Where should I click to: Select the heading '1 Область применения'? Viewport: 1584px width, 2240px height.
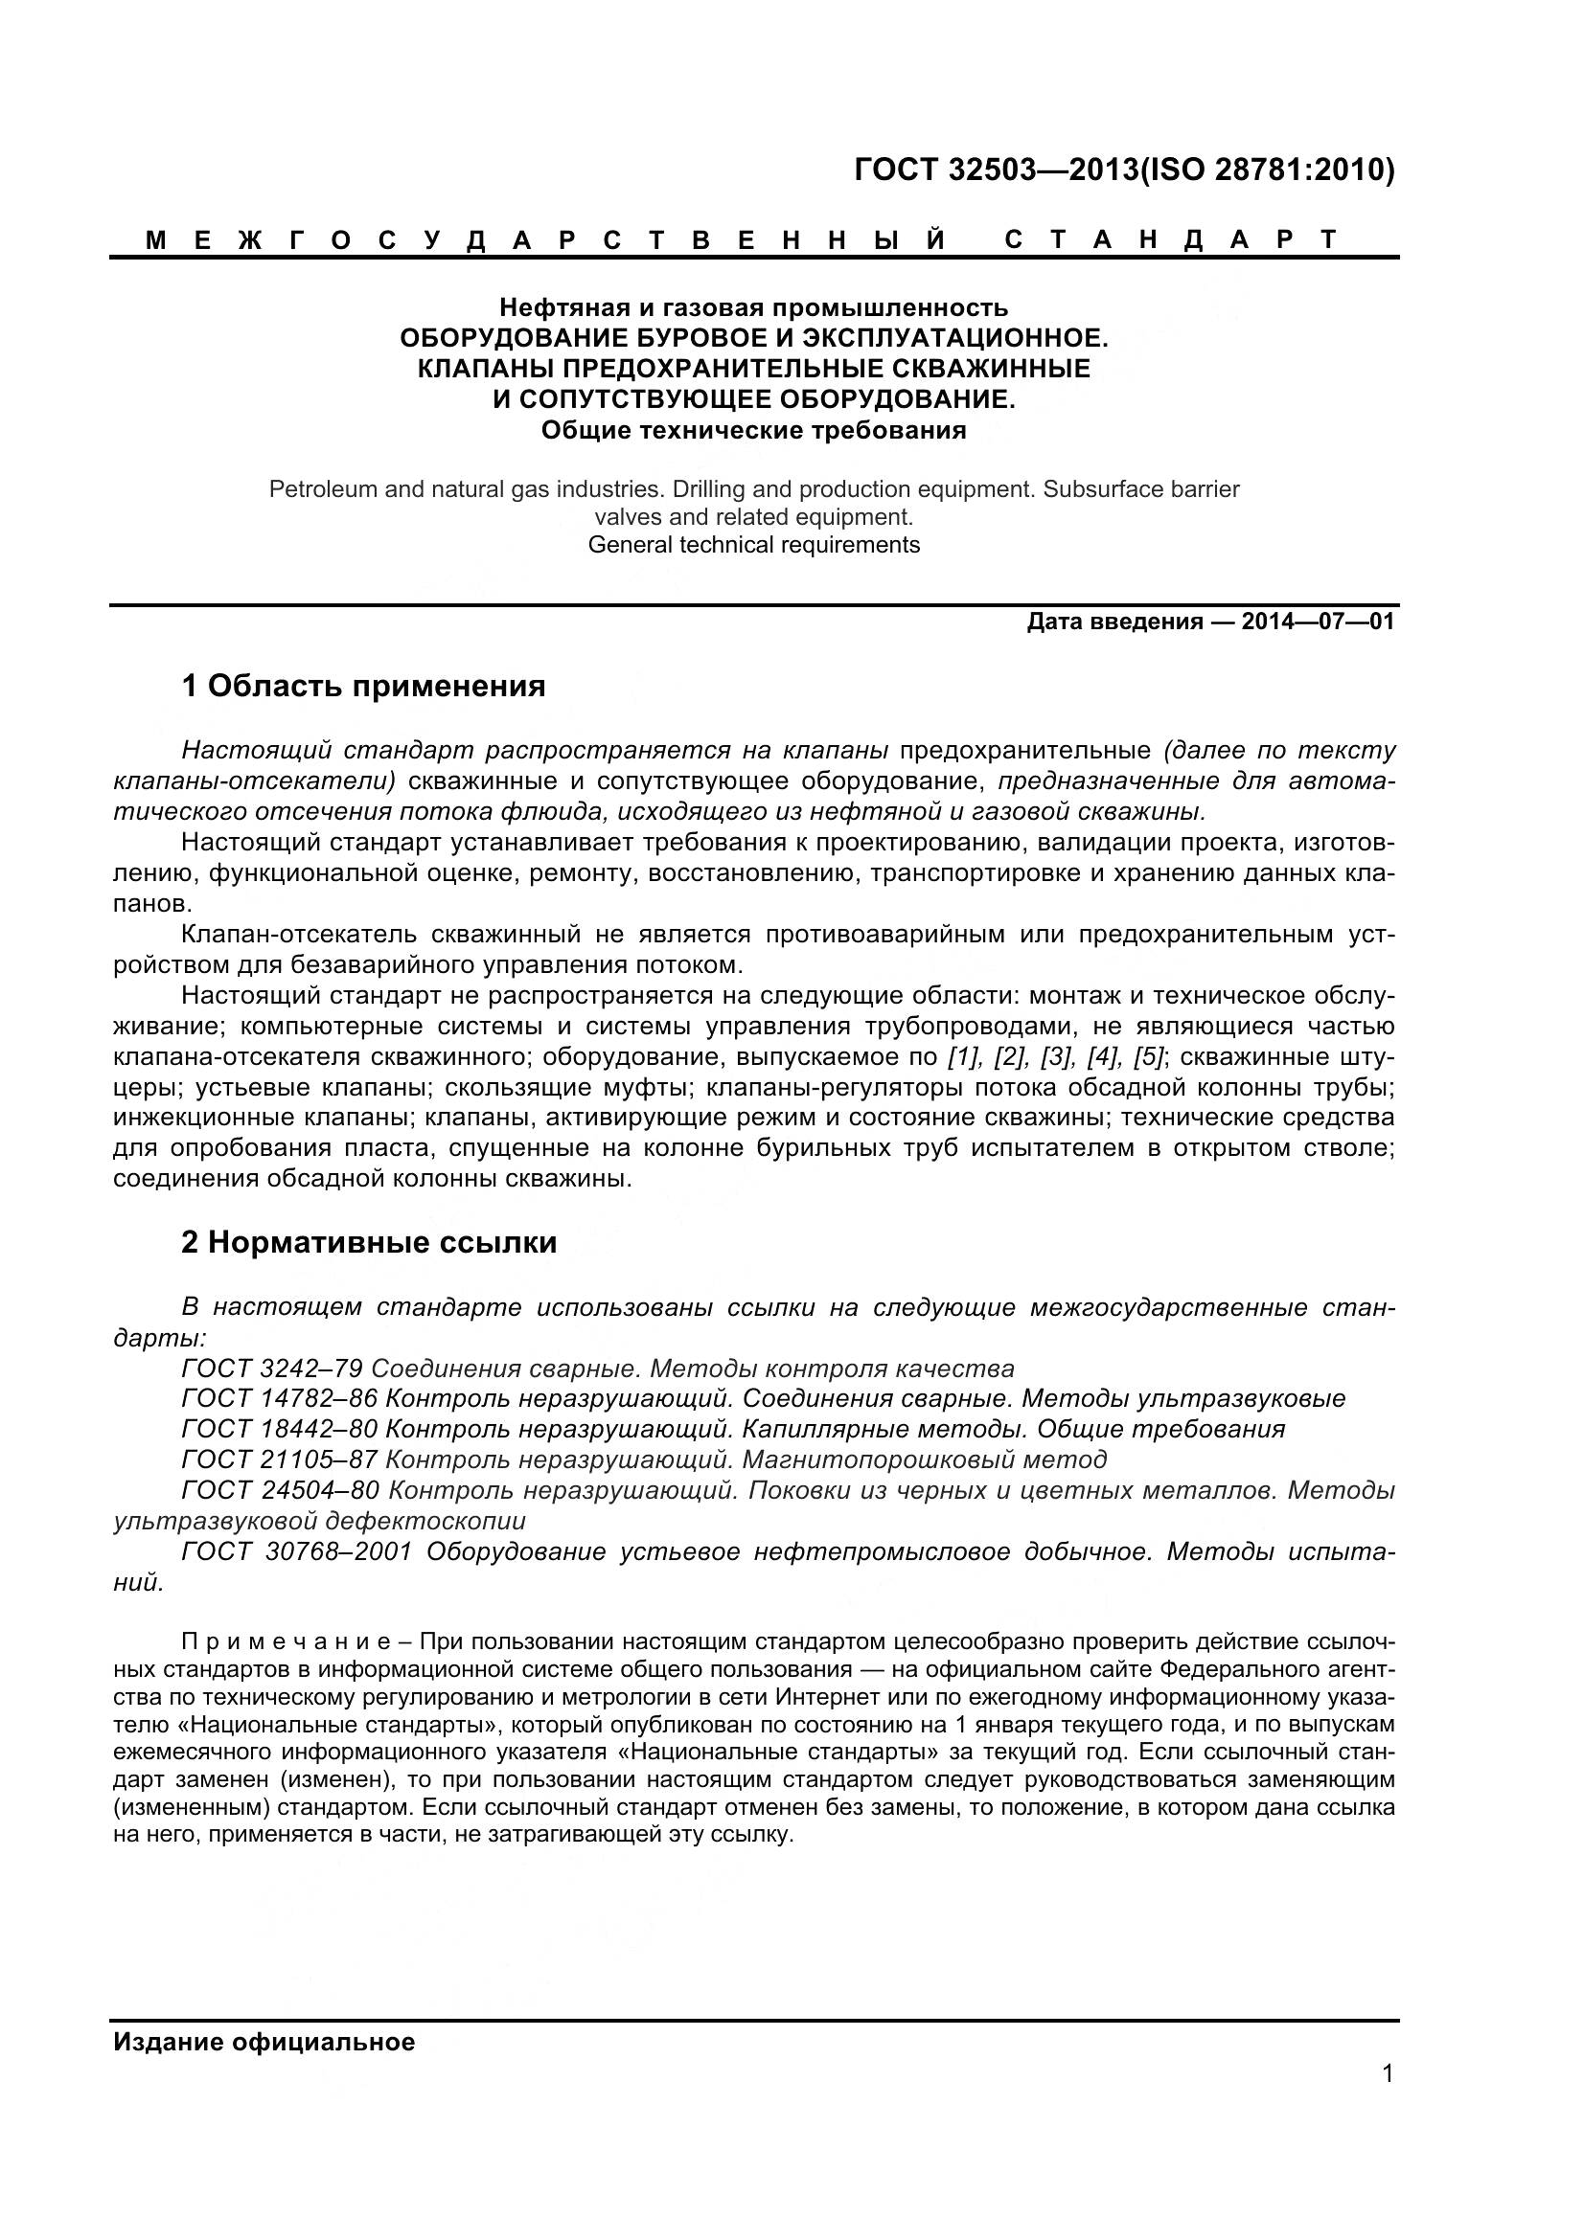coord(363,687)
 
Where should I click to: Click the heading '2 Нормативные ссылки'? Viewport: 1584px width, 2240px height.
coord(369,1243)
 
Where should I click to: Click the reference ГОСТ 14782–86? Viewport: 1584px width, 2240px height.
coord(279,1399)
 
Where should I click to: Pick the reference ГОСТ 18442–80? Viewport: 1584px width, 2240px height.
coord(279,1429)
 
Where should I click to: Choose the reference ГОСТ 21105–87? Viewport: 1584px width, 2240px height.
coord(279,1459)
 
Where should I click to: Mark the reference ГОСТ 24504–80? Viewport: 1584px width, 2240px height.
coord(279,1491)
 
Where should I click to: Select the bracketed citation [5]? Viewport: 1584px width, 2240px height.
coord(1149,1057)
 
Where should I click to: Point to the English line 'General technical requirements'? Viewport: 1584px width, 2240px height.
coord(753,544)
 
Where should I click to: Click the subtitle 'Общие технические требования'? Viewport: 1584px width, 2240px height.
coord(753,430)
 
